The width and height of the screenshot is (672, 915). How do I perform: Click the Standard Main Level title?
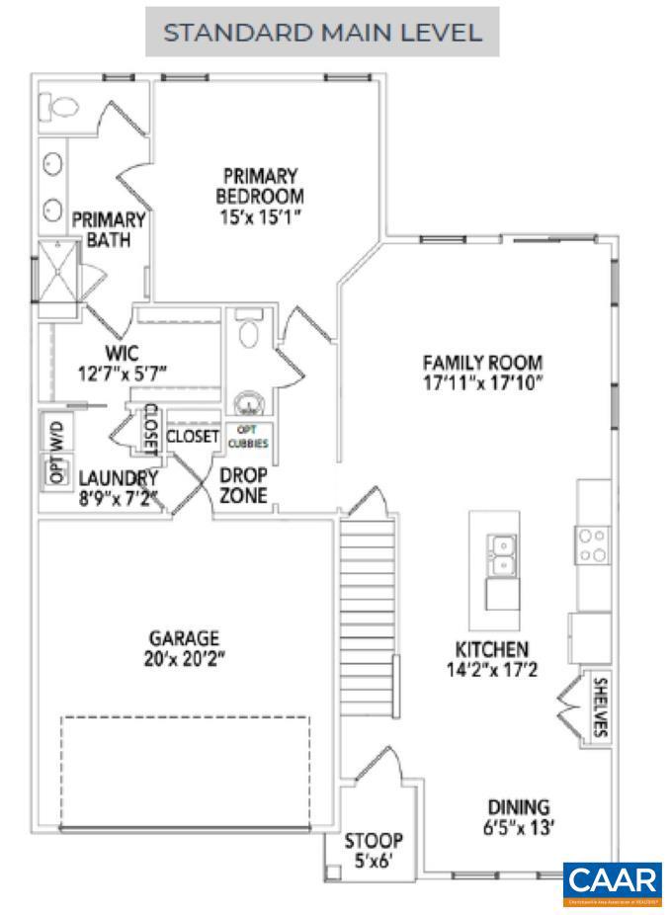pos(322,33)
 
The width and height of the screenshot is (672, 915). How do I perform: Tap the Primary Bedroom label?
pos(260,185)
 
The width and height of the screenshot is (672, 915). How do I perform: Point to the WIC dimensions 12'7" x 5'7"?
pos(124,373)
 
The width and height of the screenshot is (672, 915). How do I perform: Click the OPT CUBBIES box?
pos(248,436)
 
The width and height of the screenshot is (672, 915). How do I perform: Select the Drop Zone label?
pos(243,485)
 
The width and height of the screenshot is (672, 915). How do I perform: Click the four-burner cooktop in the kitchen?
pos(593,545)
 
